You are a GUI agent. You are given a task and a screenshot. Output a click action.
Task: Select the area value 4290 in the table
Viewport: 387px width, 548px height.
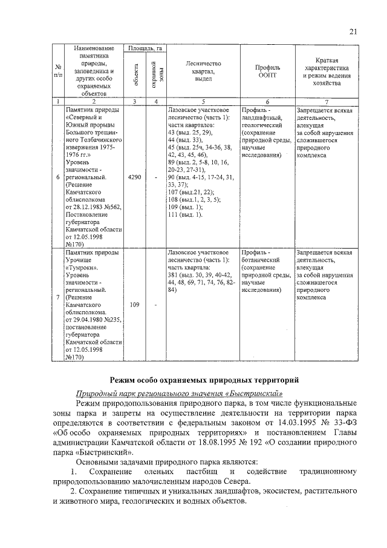tap(134, 178)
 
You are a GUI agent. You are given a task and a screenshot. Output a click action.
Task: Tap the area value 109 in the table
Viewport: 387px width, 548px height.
tap(134, 305)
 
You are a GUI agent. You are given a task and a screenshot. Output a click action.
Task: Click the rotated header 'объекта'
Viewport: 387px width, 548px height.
tap(135, 75)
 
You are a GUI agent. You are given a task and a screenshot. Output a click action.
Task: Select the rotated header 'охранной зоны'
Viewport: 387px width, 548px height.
tap(156, 75)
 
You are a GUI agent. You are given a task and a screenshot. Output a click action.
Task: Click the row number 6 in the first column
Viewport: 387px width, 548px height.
tap(57, 178)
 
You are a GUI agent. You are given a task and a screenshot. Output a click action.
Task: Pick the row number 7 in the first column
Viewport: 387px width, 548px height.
tap(57, 297)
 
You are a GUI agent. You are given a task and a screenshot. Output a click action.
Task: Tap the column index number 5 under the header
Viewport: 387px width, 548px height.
tap(203, 102)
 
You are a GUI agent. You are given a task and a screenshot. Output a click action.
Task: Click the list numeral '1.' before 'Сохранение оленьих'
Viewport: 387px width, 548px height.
tap(73, 471)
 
